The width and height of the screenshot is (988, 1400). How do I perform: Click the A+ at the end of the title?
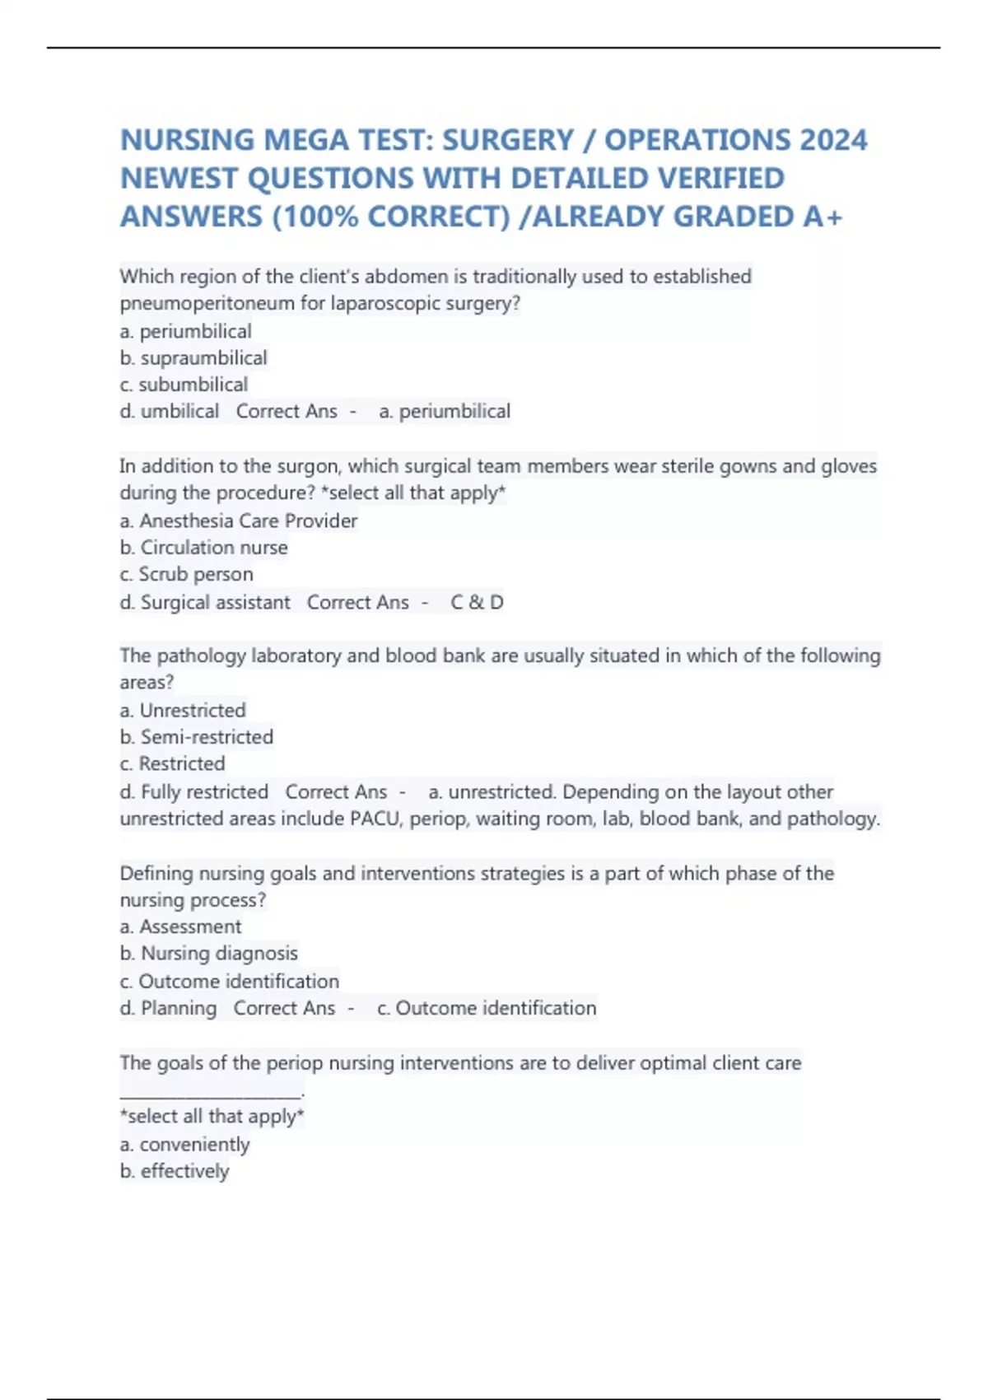pos(823,217)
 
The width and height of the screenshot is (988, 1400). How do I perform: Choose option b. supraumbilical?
pos(193,358)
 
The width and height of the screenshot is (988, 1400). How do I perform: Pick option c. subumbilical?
pos(184,385)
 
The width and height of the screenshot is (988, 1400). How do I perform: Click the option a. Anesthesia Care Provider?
pos(239,520)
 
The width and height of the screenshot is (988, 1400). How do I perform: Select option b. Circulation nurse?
pos(203,548)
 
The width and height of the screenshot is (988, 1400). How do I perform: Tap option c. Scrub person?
pos(187,574)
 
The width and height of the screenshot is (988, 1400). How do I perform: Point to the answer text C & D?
pos(477,602)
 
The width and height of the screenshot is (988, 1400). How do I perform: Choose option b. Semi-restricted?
pos(197,737)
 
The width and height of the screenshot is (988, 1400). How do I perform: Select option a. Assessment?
pos(181,926)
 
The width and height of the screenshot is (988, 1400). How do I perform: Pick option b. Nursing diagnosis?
pos(209,953)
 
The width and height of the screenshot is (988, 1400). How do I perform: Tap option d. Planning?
pos(169,1008)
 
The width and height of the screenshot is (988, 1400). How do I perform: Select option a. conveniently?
pos(184,1145)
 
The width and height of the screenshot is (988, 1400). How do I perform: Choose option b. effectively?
pos(175,1171)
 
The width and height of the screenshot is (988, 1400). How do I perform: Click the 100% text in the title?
pos(316,217)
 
